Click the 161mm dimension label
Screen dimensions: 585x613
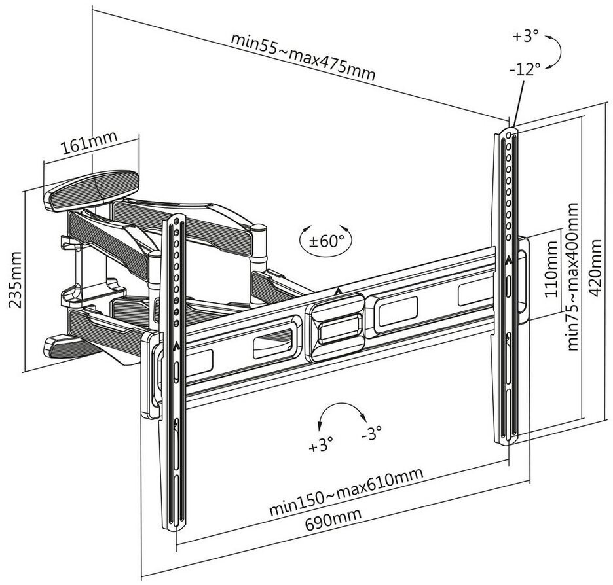tap(89, 144)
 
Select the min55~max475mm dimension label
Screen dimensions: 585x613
tap(303, 56)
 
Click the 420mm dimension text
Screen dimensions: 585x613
tap(597, 268)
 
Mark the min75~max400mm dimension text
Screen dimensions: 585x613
tap(574, 276)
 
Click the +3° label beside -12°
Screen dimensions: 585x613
tap(525, 36)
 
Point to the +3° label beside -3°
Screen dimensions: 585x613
tap(321, 447)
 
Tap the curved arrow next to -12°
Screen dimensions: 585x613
tap(553, 51)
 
